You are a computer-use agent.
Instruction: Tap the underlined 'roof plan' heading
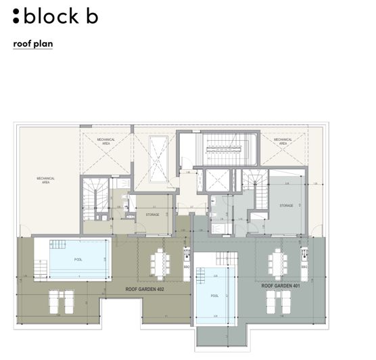pyautogui.click(x=32, y=44)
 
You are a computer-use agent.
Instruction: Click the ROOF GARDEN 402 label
pyautogui.click(x=145, y=289)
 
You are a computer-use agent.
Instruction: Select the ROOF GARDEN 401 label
pyautogui.click(x=281, y=286)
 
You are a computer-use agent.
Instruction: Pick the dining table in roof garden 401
pyautogui.click(x=277, y=261)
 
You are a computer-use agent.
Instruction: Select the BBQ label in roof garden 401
pyautogui.click(x=304, y=268)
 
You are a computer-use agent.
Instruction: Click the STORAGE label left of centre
pyautogui.click(x=152, y=215)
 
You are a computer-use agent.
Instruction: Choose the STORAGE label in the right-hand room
pyautogui.click(x=287, y=205)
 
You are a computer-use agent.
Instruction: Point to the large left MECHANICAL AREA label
pyautogui.click(x=47, y=180)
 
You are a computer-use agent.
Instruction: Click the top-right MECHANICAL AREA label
pyautogui.click(x=281, y=141)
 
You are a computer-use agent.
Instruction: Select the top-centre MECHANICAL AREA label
pyautogui.click(x=105, y=141)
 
